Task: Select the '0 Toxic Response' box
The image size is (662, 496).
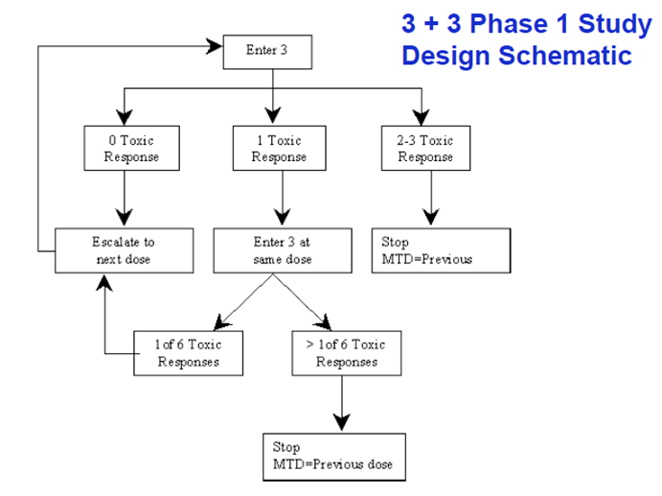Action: (125, 149)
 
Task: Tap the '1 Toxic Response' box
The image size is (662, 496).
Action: (279, 149)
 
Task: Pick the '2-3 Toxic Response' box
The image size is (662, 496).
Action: (424, 149)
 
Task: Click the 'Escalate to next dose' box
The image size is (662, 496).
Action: (124, 251)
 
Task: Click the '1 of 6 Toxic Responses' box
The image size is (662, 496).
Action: (188, 353)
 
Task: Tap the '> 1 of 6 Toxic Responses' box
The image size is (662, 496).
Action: (346, 353)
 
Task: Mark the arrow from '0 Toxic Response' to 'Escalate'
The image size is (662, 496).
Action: (125, 200)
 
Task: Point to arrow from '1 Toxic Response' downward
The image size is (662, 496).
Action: (280, 200)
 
